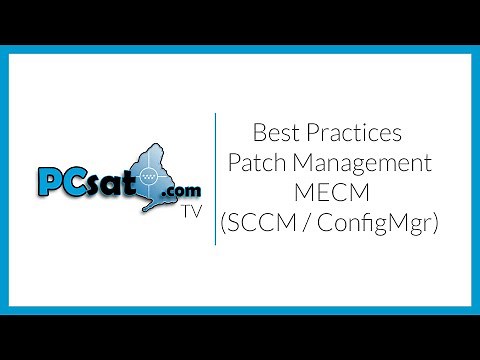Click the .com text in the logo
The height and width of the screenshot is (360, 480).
[x=178, y=190]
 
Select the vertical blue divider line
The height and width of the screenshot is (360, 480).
[x=216, y=180]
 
